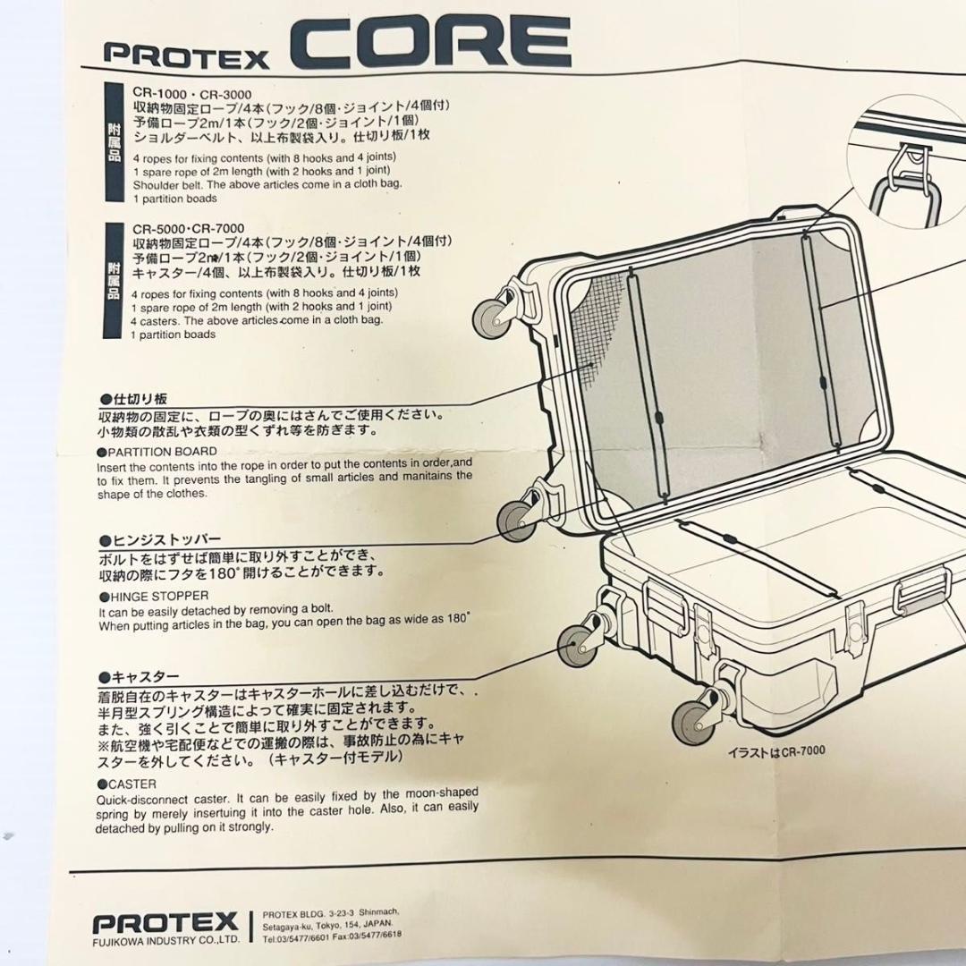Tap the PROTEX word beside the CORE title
point(186,55)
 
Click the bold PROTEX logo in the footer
point(165,921)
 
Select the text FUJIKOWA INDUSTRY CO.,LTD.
point(165,940)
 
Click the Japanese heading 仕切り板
point(134,399)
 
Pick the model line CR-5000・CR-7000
point(188,228)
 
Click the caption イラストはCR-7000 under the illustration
point(775,750)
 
